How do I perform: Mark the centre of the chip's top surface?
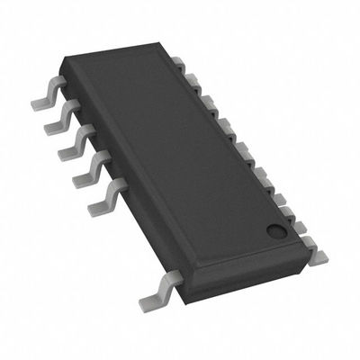180,157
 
